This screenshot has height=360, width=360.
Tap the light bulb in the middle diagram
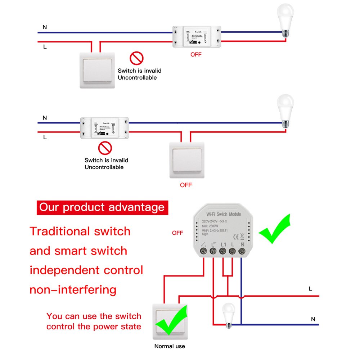click(285, 110)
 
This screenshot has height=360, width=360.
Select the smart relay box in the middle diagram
click(104, 128)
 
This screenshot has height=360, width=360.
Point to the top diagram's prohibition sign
click(136, 58)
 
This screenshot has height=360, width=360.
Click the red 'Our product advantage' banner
click(102, 207)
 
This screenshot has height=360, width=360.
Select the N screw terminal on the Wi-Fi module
click(242, 252)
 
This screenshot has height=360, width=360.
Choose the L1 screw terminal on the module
click(223, 252)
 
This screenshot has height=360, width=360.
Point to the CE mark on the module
click(237, 237)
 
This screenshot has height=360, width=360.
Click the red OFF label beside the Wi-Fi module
click(177, 233)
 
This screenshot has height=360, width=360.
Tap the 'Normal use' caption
click(170, 346)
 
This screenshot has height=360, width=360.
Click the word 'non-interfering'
click(73, 289)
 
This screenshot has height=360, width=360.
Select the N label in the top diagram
click(45, 27)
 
